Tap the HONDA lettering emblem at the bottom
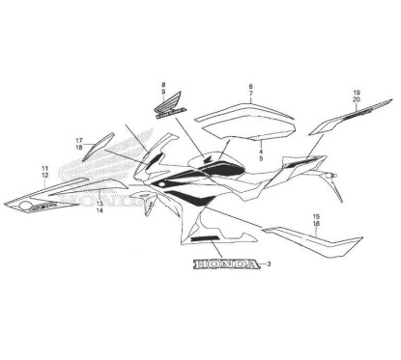click(226, 264)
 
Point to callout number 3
click(268, 264)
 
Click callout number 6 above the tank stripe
click(250, 88)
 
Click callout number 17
click(79, 140)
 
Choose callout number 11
click(44, 169)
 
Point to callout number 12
click(44, 177)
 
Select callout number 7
click(250, 97)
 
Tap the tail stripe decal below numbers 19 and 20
click(343, 118)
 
